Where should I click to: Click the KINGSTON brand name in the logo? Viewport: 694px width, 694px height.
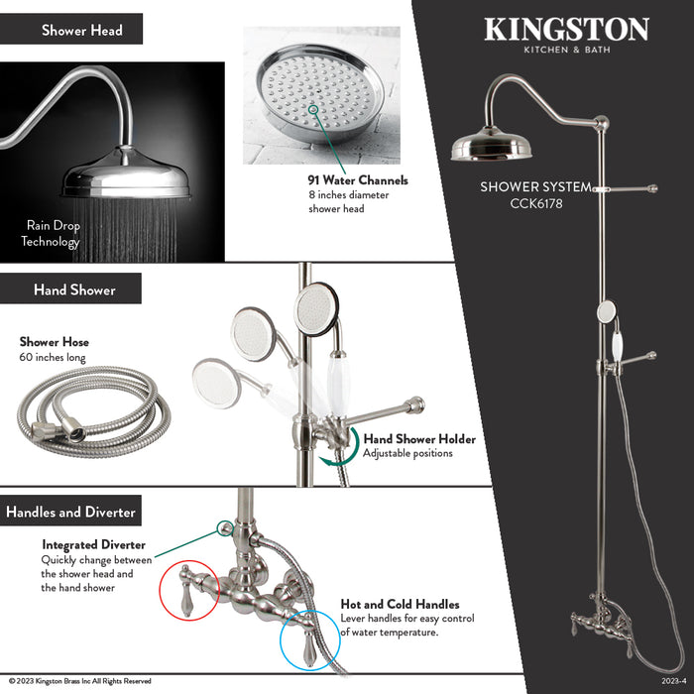click(x=566, y=29)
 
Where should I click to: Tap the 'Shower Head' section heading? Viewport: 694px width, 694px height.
click(x=82, y=30)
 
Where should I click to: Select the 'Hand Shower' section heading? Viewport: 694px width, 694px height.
click(x=74, y=289)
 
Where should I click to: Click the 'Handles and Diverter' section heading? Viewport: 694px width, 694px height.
click(x=70, y=513)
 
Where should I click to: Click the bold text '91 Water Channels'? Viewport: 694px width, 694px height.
click(x=357, y=180)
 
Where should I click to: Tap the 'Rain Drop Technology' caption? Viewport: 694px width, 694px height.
click(x=51, y=234)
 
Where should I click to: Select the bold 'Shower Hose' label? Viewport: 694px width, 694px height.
click(x=55, y=342)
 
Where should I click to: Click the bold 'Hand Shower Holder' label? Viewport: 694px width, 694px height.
click(x=419, y=439)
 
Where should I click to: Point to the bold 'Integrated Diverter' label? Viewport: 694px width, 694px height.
click(x=93, y=544)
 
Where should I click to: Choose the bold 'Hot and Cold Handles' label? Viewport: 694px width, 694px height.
click(x=400, y=604)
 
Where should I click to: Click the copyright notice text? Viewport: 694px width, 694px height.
click(x=80, y=681)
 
